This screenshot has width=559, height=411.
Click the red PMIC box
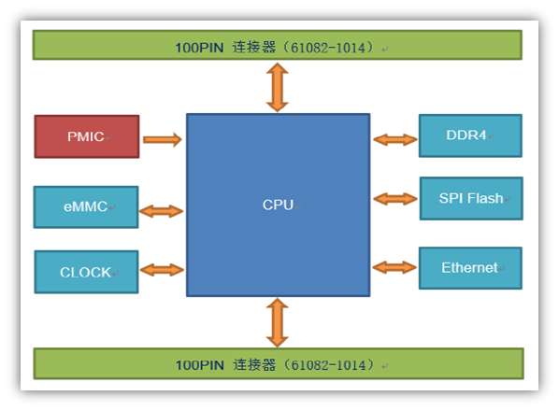(x=87, y=136)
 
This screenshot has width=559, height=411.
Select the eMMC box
(x=86, y=207)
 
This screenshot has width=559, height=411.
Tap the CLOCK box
(x=86, y=272)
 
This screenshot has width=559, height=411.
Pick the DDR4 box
(x=470, y=135)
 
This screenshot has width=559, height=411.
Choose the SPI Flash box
(x=471, y=198)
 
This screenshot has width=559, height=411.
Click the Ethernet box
(x=470, y=268)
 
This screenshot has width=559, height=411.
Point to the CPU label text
(x=278, y=205)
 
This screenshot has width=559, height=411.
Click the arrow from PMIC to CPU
(x=163, y=139)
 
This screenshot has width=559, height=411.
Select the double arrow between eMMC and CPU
(x=161, y=211)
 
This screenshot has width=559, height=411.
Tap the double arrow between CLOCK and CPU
(x=162, y=270)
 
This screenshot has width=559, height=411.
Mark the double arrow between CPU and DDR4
(x=395, y=139)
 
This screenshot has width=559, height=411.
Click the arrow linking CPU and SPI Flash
(x=395, y=199)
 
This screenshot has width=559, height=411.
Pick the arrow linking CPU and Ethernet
(x=394, y=267)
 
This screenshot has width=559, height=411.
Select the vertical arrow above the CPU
(x=278, y=88)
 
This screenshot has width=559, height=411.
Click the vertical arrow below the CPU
(x=278, y=322)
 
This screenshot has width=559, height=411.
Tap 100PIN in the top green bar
(x=199, y=48)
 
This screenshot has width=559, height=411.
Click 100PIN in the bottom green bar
(x=200, y=365)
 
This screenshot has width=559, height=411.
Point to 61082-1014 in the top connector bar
(x=328, y=48)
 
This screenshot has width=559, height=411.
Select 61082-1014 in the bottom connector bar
(x=329, y=365)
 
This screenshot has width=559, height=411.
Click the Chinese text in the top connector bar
(x=254, y=48)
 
